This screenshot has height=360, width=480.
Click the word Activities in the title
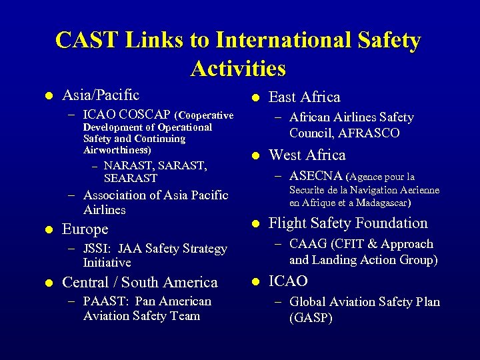click(238, 68)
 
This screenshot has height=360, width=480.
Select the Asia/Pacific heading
click(101, 95)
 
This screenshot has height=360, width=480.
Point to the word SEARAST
click(131, 178)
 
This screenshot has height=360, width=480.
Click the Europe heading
click(85, 229)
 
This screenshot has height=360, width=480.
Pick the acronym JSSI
click(97, 249)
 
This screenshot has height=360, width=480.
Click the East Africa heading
click(304, 97)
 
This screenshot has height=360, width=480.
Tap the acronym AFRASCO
click(369, 133)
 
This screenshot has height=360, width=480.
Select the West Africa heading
click(307, 155)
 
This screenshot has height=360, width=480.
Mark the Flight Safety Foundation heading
click(348, 223)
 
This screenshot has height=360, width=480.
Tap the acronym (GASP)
click(311, 318)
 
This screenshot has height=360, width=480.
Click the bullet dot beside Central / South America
click(47, 283)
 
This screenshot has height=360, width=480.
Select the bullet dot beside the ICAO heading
click(254, 282)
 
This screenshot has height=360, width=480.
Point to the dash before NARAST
click(95, 165)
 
